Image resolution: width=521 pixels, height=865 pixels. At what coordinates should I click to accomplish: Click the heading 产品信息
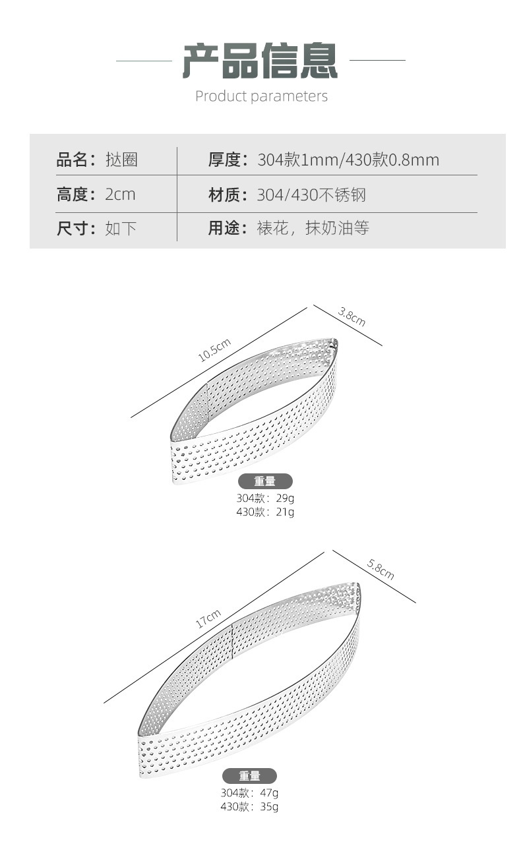pos(260,61)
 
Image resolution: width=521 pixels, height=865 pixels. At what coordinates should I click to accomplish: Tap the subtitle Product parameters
pos(261,96)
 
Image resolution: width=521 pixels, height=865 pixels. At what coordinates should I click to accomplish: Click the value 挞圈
pos(121,160)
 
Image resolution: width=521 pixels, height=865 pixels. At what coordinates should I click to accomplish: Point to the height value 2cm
pos(120,194)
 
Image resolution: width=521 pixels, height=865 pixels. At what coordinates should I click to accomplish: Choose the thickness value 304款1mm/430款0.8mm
pos(348,160)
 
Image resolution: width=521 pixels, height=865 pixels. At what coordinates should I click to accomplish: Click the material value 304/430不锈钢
pos(311,195)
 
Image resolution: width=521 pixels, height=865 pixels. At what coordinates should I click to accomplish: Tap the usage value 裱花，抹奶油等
pos(313,229)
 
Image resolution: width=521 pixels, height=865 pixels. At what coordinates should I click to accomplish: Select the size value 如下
pos(121,229)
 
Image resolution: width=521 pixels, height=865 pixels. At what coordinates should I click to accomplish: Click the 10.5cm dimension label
pos(215,349)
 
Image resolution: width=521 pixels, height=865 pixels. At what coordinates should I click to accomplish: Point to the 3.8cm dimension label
pos(352,317)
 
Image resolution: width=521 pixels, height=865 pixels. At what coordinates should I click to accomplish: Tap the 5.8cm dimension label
pos(381,569)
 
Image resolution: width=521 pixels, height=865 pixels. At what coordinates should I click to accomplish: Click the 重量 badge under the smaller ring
pos(265,482)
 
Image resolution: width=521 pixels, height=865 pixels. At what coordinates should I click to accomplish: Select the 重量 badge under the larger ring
pos(249,776)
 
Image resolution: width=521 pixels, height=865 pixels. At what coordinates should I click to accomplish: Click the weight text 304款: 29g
pos(265,498)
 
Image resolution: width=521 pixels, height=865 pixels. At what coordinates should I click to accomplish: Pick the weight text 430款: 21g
pos(265,512)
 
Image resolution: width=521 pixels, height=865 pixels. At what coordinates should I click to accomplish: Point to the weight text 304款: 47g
pos(249,793)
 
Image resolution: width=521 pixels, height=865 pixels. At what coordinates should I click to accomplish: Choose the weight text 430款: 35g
pos(249,806)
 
